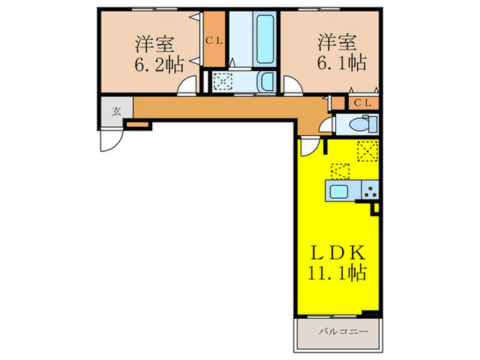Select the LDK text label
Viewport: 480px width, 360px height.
(336, 251)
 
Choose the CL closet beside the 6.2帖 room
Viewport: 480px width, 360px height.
(213, 40)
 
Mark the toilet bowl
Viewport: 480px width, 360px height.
(359, 125)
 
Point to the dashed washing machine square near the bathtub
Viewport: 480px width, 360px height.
(224, 82)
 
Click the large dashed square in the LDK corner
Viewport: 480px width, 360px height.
(368, 150)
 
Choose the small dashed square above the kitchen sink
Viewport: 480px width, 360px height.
(340, 171)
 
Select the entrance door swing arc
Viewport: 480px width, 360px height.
(109, 141)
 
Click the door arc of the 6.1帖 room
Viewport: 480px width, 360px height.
(293, 86)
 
